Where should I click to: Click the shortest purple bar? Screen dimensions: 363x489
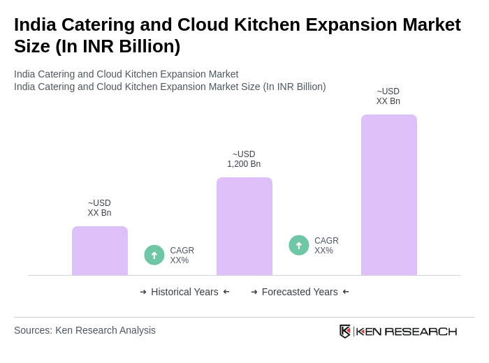100,251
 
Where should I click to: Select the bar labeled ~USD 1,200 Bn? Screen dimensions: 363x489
245,226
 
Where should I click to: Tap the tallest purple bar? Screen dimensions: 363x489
389,195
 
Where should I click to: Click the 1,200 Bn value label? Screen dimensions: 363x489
244,164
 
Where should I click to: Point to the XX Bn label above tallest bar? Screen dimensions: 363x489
388,101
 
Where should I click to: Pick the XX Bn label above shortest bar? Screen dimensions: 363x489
99,213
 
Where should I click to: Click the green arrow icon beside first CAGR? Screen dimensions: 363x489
154,255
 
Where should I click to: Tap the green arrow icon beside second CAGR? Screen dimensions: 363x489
299,245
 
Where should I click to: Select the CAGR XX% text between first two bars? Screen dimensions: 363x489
182,255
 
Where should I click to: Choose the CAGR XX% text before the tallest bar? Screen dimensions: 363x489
326,246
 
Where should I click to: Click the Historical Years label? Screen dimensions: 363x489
184,292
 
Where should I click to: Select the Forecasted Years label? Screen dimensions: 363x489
300,292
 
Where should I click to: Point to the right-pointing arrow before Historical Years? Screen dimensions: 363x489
143,292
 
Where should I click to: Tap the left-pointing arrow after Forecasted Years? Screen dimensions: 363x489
346,292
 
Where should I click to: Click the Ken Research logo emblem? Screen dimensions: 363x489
345,331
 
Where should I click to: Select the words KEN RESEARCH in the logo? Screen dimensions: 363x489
407,332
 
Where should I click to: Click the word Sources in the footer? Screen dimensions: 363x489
32,330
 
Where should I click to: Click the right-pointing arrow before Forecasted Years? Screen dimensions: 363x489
254,292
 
